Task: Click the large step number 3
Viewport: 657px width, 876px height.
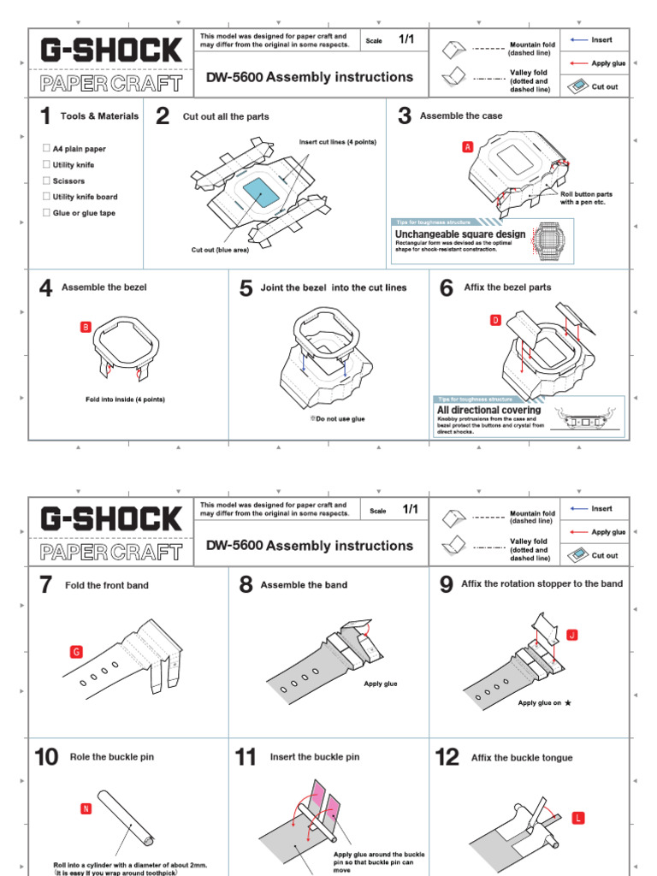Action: (x=405, y=115)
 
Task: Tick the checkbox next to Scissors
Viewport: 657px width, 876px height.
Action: (x=46, y=181)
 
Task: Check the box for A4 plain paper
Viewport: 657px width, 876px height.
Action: (x=46, y=148)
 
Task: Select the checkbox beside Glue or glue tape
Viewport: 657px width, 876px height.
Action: (x=46, y=212)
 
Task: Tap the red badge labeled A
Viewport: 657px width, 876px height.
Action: (x=467, y=147)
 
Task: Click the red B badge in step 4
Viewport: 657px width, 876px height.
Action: (x=85, y=327)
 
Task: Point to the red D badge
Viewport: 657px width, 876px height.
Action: (x=494, y=320)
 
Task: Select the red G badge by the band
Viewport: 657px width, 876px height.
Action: (x=76, y=652)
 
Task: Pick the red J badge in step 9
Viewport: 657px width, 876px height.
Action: (x=572, y=635)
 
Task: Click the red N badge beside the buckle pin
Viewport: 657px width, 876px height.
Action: (x=86, y=808)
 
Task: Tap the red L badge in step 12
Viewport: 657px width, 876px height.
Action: (x=578, y=819)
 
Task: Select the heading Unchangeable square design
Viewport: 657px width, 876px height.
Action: (x=459, y=234)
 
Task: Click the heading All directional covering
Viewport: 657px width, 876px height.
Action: (x=488, y=410)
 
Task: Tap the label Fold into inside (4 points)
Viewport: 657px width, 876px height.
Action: (x=125, y=400)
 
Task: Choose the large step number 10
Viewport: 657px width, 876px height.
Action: (x=46, y=757)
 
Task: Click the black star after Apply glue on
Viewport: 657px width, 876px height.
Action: (x=567, y=703)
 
